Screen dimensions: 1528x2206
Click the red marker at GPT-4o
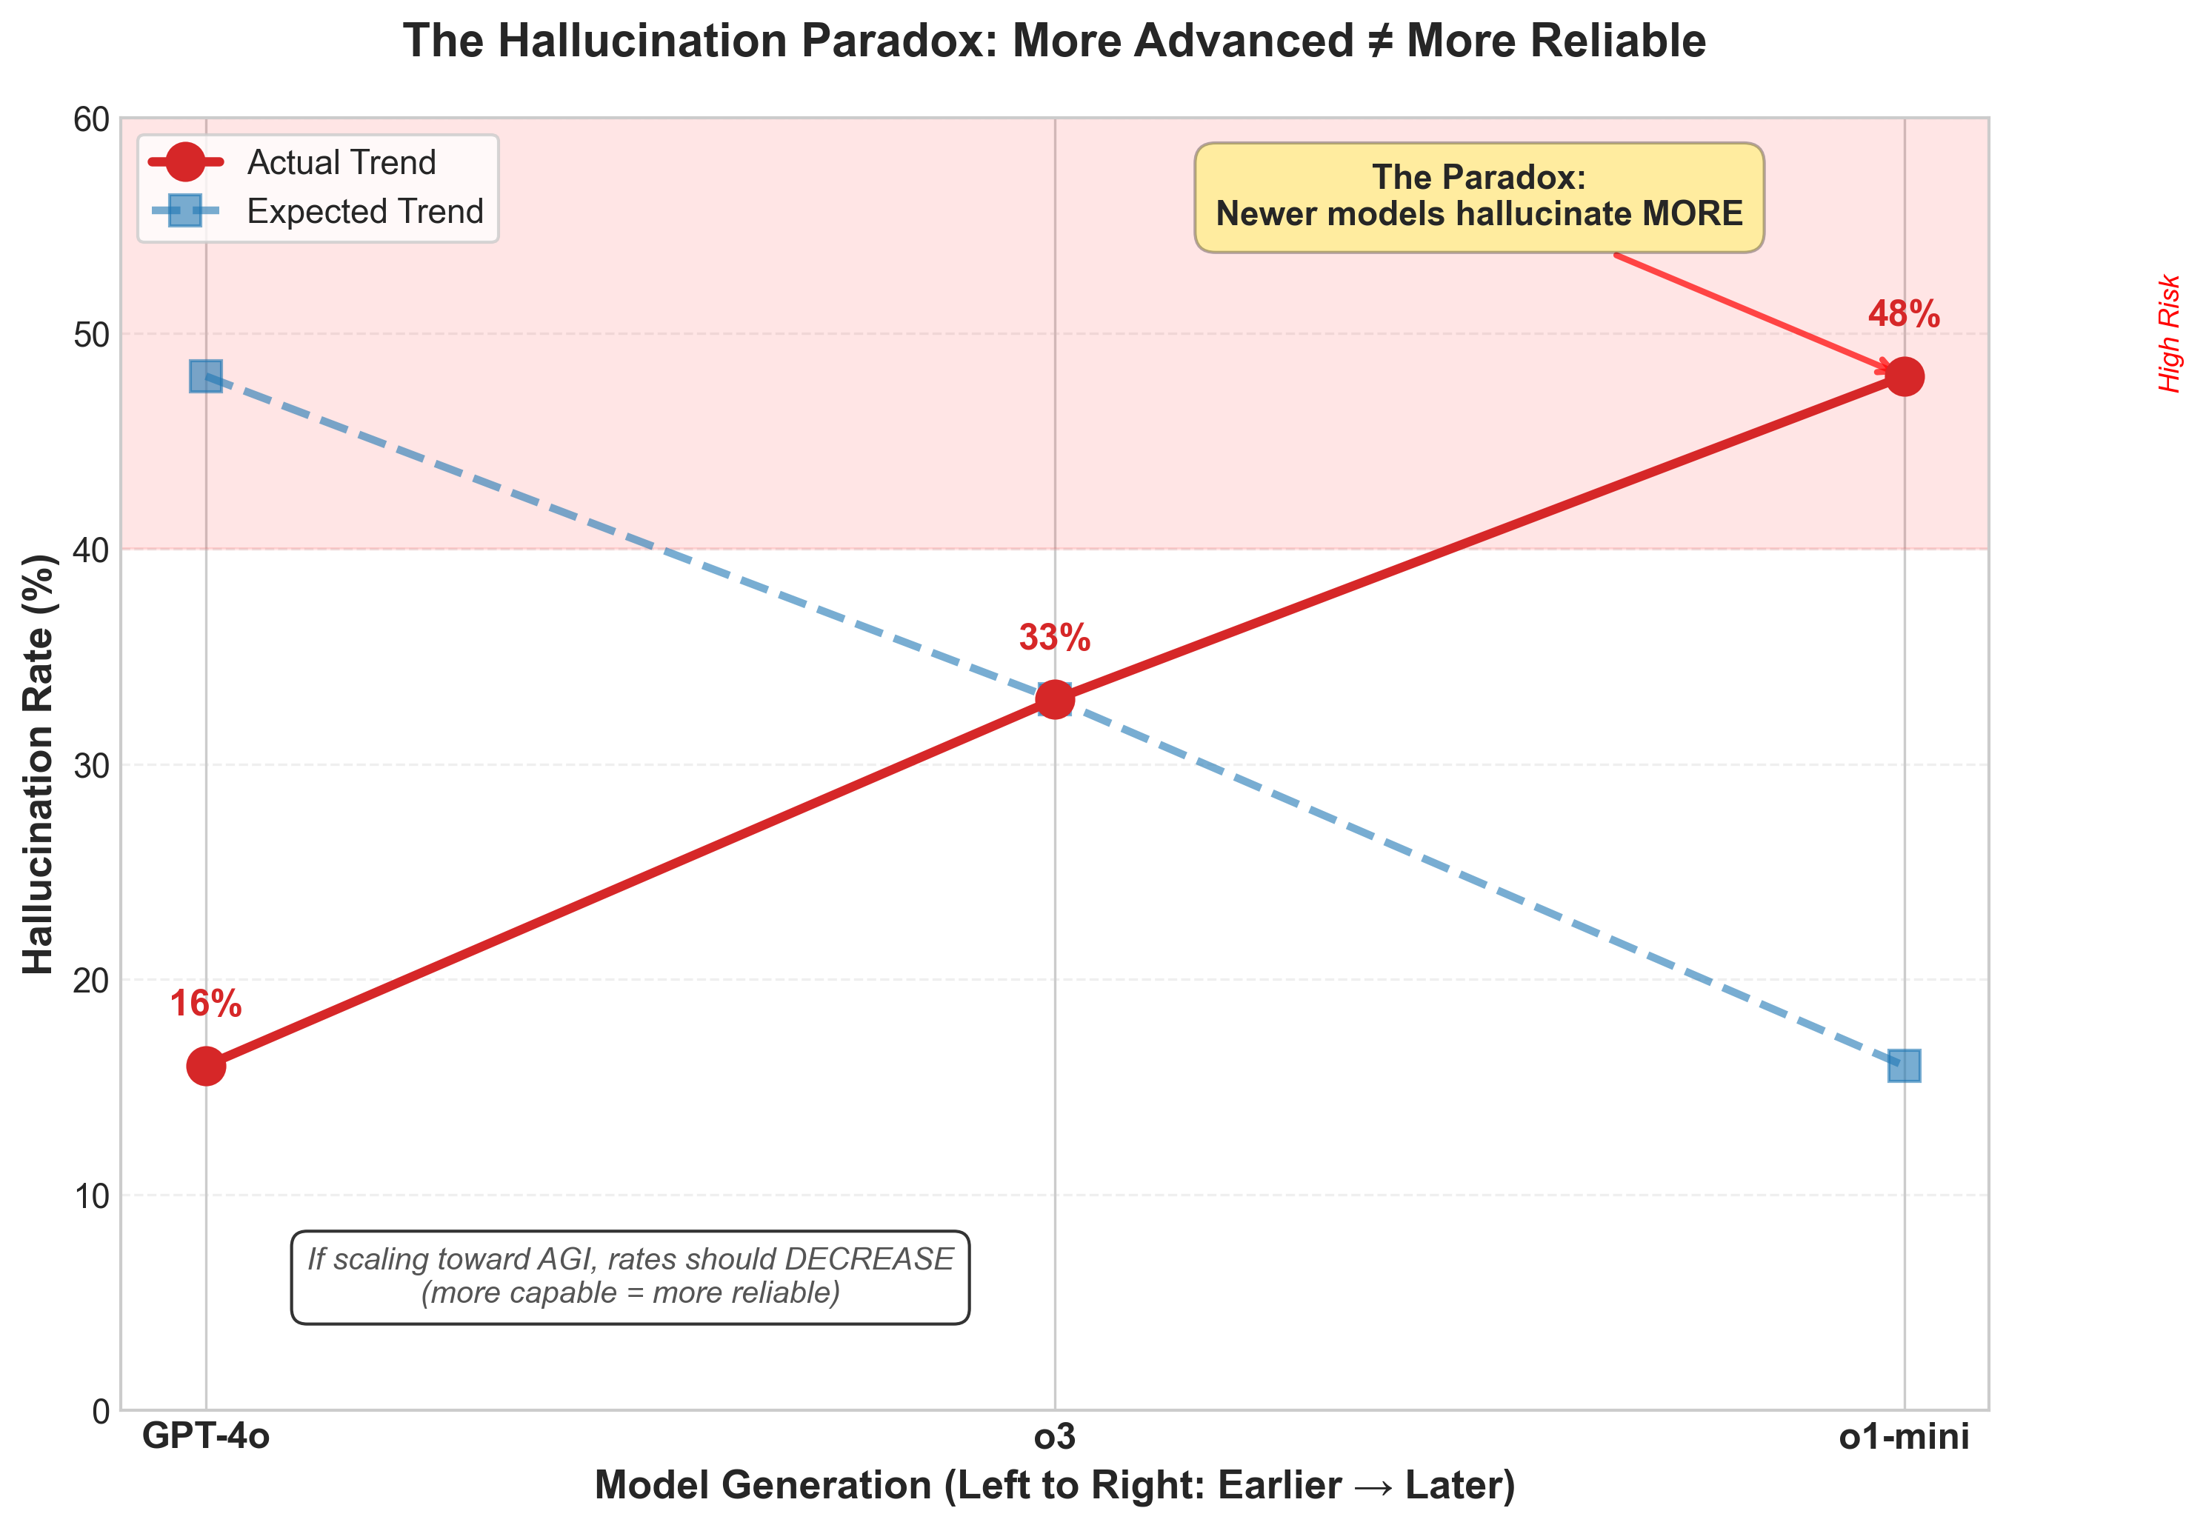click(x=206, y=1066)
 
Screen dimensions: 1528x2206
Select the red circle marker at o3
click(x=1054, y=700)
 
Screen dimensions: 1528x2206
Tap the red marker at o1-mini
click(x=1904, y=377)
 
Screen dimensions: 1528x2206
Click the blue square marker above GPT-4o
click(x=206, y=377)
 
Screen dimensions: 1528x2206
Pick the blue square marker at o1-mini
click(x=1904, y=1066)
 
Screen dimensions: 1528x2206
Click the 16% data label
click(x=206, y=1004)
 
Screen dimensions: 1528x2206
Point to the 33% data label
click(x=1054, y=638)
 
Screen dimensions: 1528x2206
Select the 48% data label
click(x=1904, y=314)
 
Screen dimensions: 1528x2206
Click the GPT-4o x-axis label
click(x=206, y=1436)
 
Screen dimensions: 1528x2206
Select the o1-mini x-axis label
click(x=1904, y=1436)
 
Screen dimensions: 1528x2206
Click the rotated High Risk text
click(x=2169, y=333)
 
